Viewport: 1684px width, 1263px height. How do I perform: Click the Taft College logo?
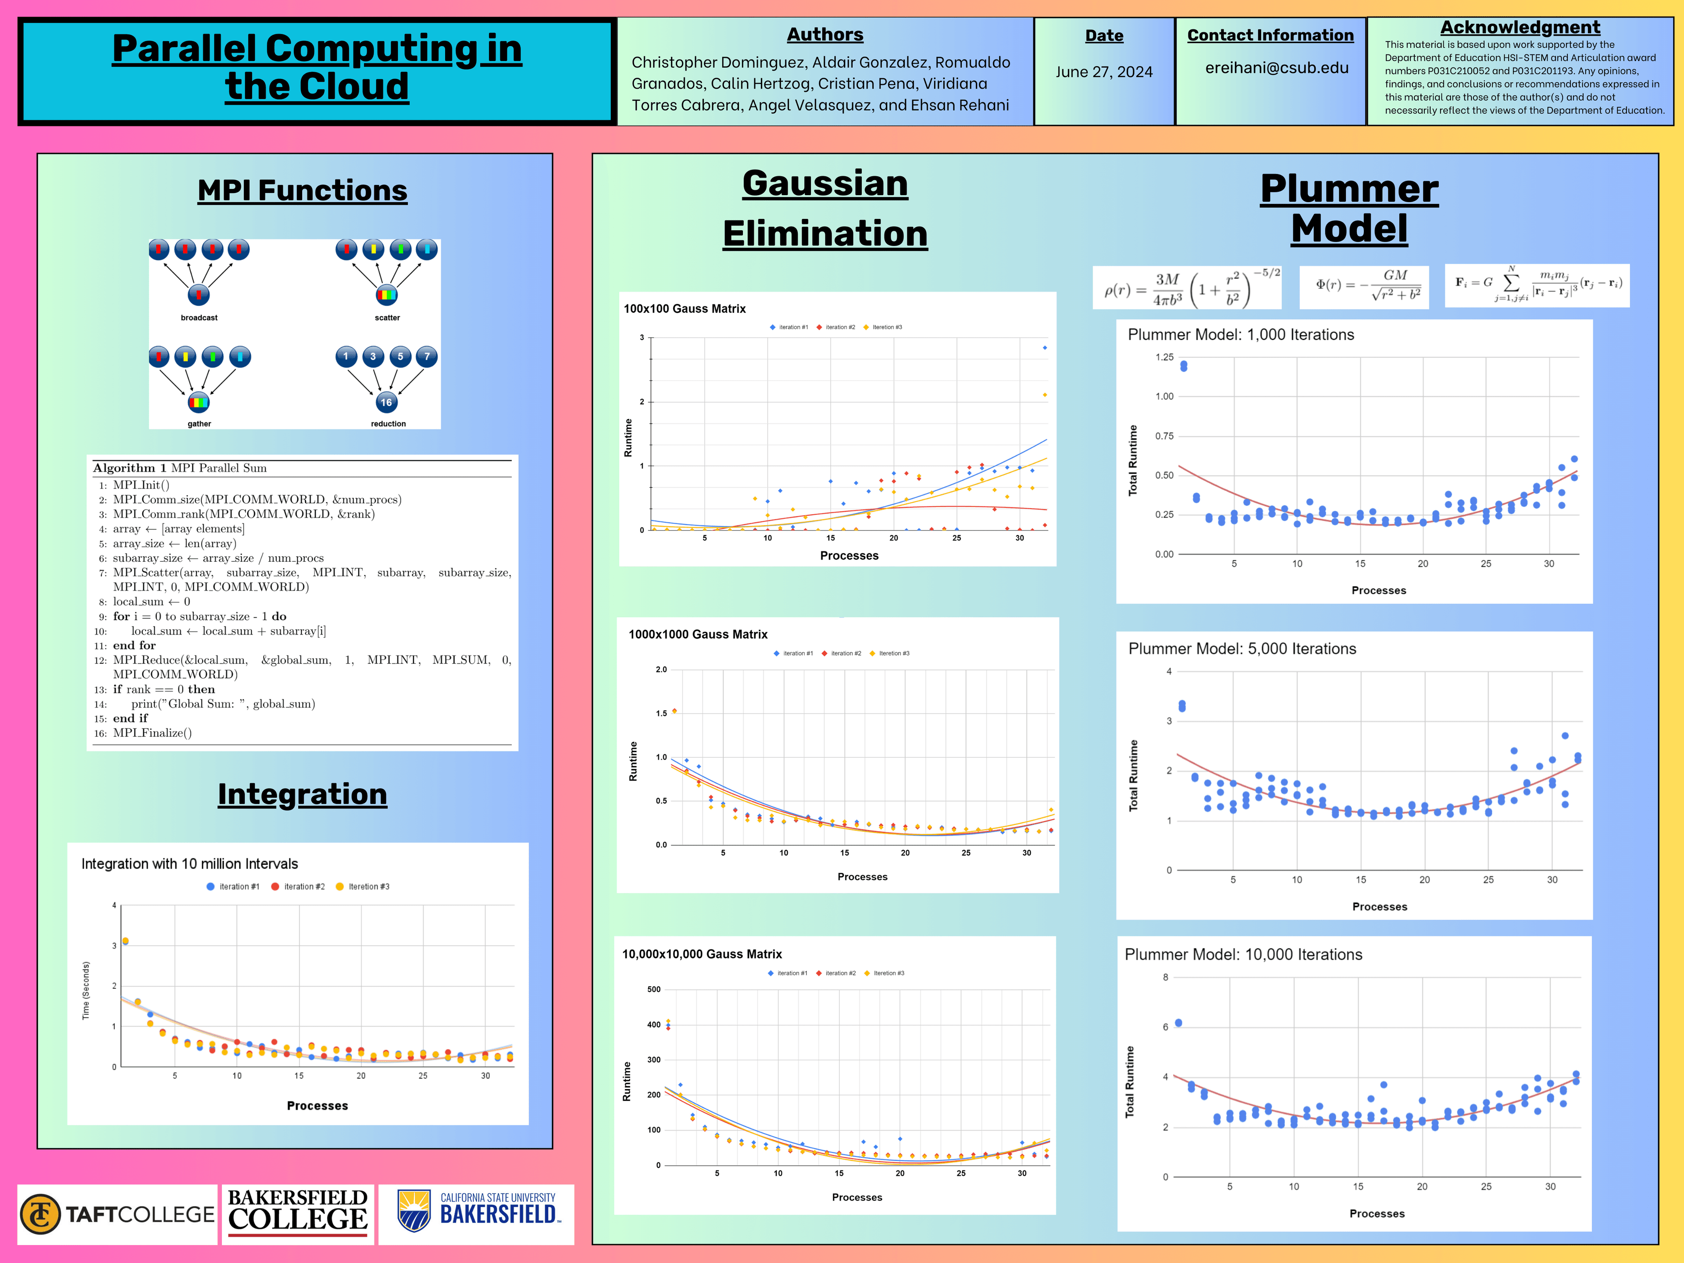[x=117, y=1214]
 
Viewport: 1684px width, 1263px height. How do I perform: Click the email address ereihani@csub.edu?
[x=1276, y=68]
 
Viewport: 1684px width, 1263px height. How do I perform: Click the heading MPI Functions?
[x=302, y=190]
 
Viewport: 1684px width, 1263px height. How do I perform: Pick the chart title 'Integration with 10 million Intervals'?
[x=189, y=863]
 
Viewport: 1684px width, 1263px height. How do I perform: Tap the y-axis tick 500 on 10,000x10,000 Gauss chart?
[x=653, y=989]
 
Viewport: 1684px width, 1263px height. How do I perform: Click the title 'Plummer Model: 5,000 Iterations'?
[x=1242, y=649]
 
